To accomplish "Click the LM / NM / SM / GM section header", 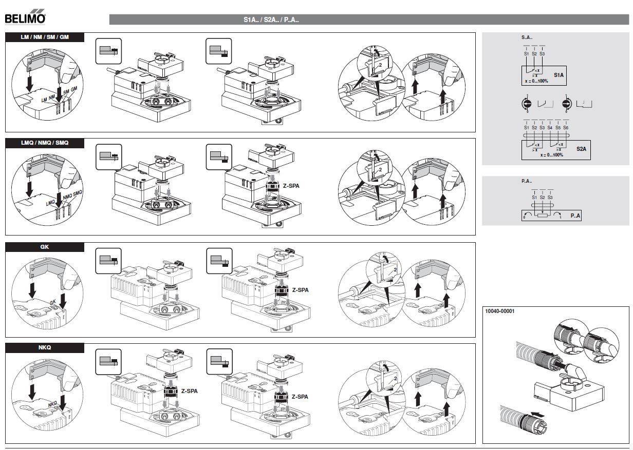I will pos(44,37).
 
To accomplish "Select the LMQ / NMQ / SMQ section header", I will pos(44,143).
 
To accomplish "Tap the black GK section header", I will pos(44,247).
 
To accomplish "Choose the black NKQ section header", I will pos(44,348).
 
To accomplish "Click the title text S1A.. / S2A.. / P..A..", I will pos(271,20).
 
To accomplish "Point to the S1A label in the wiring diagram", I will pos(558,75).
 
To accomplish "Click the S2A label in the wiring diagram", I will pos(581,149).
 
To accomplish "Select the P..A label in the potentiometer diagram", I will pos(575,216).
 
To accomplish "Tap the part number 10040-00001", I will pos(500,311).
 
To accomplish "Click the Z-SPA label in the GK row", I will pos(301,290).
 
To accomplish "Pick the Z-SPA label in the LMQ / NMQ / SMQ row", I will pos(290,186).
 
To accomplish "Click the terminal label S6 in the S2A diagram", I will pos(566,127).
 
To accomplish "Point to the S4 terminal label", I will pos(550,127).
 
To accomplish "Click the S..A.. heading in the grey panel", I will pos(527,37).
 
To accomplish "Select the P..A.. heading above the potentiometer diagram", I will pos(527,181).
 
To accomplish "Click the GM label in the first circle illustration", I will pos(74,89).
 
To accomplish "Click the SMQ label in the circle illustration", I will pos(78,193).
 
